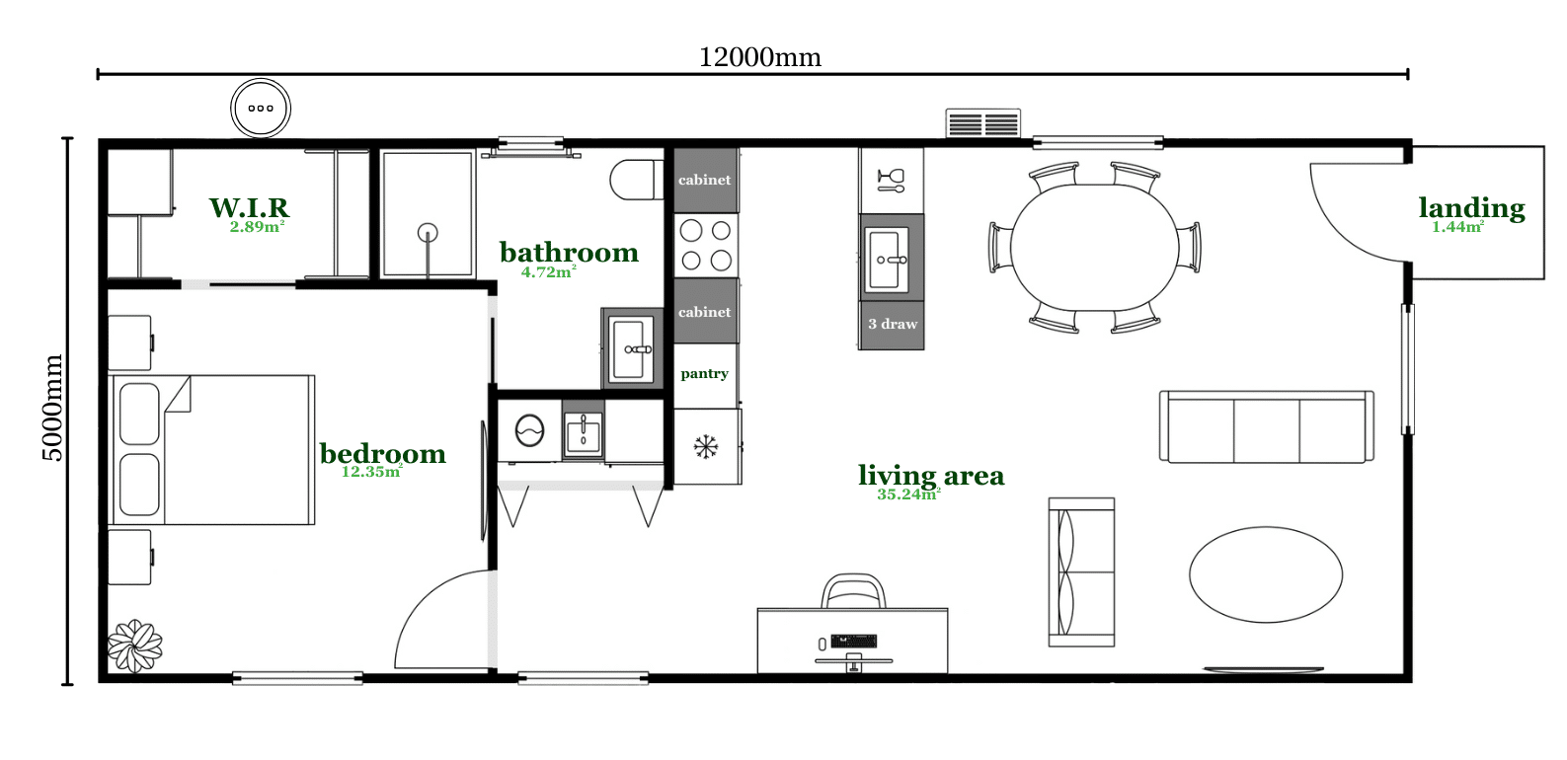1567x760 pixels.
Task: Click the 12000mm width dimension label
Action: (x=759, y=57)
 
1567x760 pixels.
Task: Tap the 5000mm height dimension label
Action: (x=53, y=408)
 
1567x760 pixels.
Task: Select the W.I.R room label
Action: (x=249, y=207)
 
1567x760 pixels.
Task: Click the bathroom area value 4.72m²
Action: (x=548, y=271)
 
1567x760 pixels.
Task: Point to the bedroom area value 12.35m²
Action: (x=371, y=471)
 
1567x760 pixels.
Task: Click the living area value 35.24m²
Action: (x=908, y=494)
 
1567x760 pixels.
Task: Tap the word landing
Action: (x=1472, y=208)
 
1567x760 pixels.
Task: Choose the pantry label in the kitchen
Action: (x=704, y=374)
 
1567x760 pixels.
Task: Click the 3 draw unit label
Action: (x=893, y=324)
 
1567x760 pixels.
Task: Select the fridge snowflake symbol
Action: (x=706, y=447)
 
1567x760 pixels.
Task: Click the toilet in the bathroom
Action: (x=636, y=180)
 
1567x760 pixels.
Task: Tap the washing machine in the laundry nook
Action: (x=529, y=430)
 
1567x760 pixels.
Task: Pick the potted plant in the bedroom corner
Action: (x=135, y=646)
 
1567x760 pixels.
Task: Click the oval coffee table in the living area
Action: (x=1266, y=574)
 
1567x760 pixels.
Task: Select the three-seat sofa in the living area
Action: (x=1266, y=426)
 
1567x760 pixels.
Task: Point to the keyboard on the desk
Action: (x=853, y=642)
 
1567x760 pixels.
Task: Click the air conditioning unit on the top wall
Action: (x=982, y=123)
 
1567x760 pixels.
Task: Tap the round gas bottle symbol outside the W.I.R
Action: (x=261, y=109)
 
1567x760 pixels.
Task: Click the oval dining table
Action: (x=1095, y=248)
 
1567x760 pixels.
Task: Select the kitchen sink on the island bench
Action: (x=888, y=260)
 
